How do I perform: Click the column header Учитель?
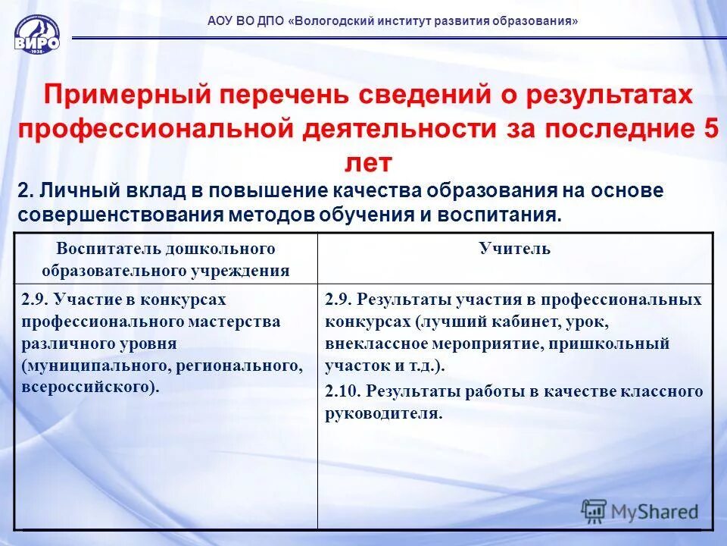[x=514, y=249]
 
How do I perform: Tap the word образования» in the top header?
[x=538, y=21]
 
